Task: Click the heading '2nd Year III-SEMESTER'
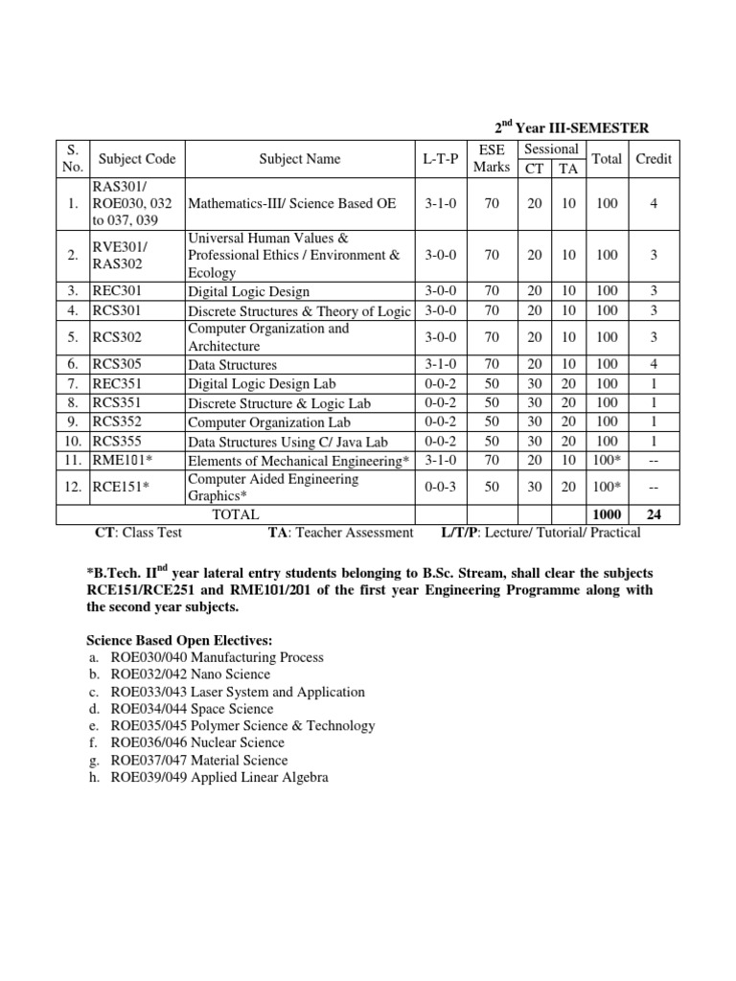coord(571,127)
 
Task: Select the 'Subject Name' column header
coord(299,159)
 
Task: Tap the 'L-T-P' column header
coord(442,159)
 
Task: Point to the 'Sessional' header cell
coord(550,149)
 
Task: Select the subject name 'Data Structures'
coord(232,365)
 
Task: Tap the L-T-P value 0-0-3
coord(442,487)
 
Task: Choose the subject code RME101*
coord(123,460)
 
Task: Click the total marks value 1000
coord(607,514)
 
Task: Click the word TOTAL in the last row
coord(236,514)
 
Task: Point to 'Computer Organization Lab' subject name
coord(268,422)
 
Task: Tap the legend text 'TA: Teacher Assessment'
coord(340,533)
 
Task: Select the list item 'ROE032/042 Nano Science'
coord(190,674)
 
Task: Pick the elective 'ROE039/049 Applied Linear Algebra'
coord(218,778)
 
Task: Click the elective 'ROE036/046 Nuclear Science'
coord(196,742)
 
